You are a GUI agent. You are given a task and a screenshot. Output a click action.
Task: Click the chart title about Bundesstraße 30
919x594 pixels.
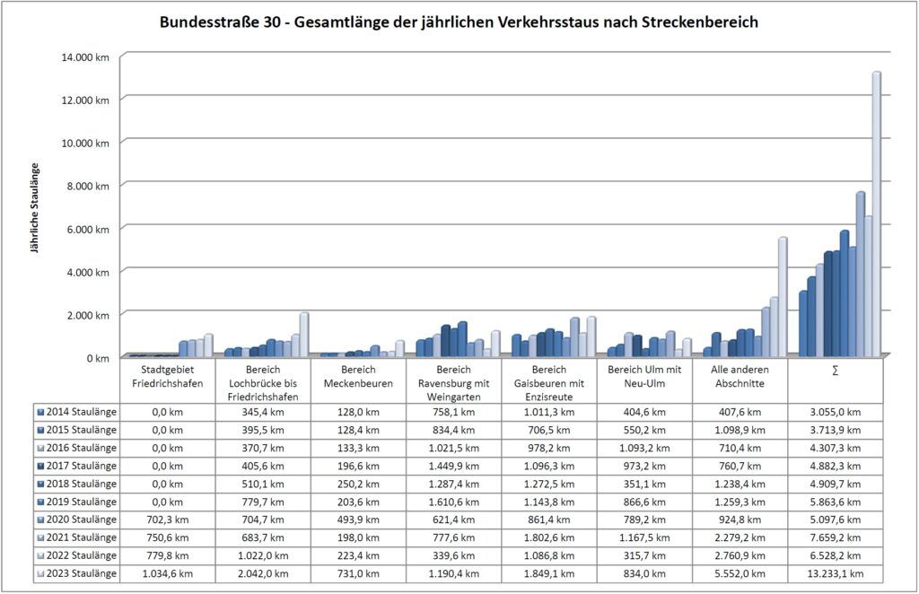459,22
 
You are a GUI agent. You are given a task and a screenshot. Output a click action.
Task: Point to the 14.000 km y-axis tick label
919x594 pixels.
86,57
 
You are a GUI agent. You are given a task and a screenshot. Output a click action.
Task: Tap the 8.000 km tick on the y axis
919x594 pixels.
90,186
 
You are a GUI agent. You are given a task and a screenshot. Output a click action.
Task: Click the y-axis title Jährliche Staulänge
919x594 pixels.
35,208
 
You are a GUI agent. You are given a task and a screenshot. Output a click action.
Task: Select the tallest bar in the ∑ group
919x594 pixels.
876,215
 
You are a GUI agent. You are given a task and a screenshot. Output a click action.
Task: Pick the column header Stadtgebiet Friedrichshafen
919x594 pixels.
167,378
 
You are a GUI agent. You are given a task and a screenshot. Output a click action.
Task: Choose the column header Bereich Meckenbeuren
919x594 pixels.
358,378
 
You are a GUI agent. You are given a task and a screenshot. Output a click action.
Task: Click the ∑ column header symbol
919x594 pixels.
835,371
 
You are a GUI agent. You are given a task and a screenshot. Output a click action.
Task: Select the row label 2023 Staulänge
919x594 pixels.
78,573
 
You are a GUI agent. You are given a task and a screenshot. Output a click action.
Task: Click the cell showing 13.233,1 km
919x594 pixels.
835,573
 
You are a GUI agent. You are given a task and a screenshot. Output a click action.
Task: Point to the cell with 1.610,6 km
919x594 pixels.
453,502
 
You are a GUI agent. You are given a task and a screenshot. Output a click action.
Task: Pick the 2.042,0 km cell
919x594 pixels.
262,573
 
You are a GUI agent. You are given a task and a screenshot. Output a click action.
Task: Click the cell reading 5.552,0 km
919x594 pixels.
740,573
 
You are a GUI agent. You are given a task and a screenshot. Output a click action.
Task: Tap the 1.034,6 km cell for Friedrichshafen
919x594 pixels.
167,573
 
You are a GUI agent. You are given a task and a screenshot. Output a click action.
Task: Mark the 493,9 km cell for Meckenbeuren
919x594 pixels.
358,520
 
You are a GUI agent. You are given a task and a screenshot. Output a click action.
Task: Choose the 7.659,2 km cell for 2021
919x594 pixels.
835,537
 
